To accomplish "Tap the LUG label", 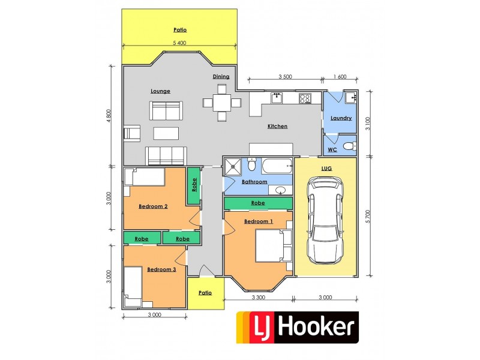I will click(x=326, y=169).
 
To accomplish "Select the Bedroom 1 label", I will click(x=259, y=221).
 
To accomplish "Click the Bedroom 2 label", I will click(x=153, y=206).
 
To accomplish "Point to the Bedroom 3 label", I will click(x=161, y=269).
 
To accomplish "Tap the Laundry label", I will click(x=341, y=118).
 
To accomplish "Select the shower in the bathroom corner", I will click(x=232, y=166).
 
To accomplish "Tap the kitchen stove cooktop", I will click(x=305, y=98).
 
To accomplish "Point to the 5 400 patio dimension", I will click(x=179, y=43).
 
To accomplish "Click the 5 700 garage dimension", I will click(x=368, y=216).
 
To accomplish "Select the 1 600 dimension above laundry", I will click(x=339, y=77).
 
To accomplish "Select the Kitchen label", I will click(x=277, y=127).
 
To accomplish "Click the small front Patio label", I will click(x=206, y=293).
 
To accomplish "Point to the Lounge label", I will click(x=160, y=91).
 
